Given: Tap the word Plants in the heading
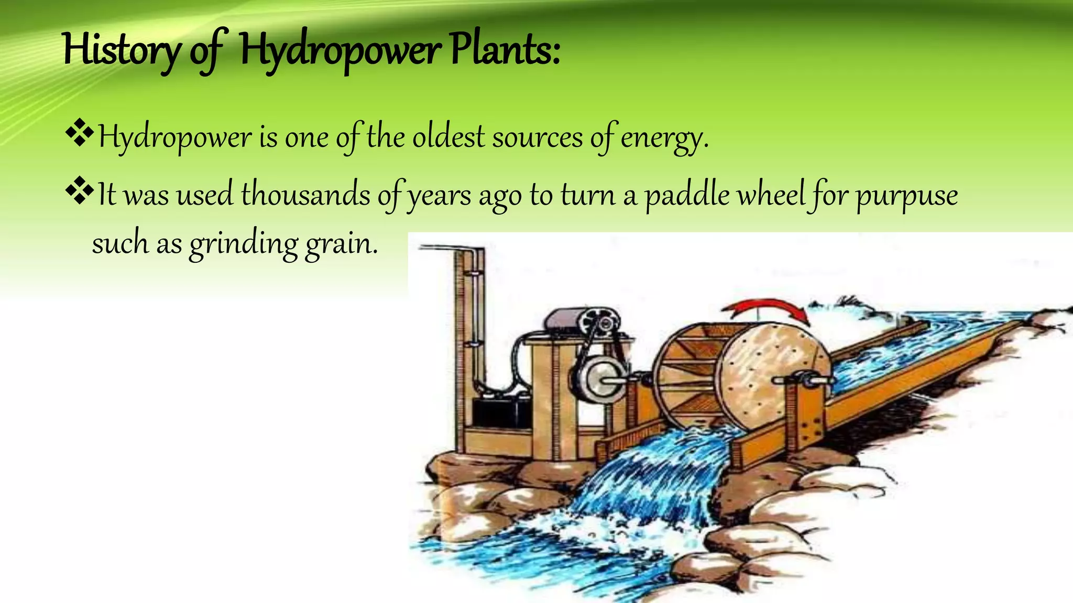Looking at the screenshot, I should [x=505, y=50].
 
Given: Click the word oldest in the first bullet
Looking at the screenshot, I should [x=448, y=137].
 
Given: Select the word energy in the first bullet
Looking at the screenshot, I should [x=664, y=138].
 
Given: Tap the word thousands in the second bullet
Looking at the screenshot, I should [x=305, y=195].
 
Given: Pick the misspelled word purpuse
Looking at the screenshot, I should [x=907, y=196].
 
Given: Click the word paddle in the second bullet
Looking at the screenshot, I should [x=687, y=195].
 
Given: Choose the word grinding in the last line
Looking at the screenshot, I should [x=244, y=244].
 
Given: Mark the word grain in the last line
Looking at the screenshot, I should [x=341, y=244].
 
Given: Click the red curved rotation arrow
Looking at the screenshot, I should [x=770, y=309].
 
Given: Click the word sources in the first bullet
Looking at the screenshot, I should [x=537, y=137].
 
